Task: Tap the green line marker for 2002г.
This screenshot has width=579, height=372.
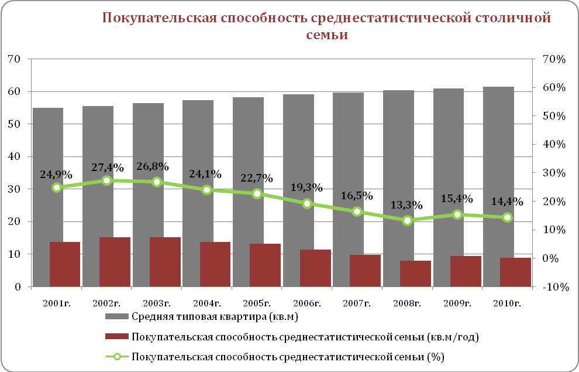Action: pyautogui.click(x=106, y=180)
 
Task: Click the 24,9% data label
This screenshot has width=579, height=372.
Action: pyautogui.click(x=56, y=174)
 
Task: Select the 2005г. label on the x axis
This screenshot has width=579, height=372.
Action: pyautogui.click(x=257, y=303)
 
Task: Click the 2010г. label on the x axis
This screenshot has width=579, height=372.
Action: pyautogui.click(x=506, y=303)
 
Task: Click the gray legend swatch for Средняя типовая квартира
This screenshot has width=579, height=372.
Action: pyautogui.click(x=116, y=317)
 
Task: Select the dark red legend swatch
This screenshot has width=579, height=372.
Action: pyautogui.click(x=116, y=336)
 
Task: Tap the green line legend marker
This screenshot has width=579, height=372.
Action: pyautogui.click(x=116, y=356)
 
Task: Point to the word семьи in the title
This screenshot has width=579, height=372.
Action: pyautogui.click(x=327, y=35)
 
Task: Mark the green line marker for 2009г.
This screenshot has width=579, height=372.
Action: pyautogui.click(x=458, y=215)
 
